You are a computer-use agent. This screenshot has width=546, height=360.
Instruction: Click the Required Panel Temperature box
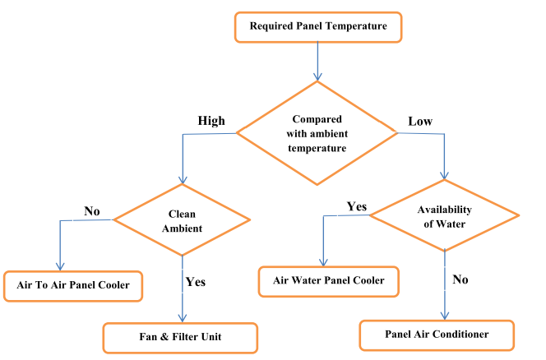317,26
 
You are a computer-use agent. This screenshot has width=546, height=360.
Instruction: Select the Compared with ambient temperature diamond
317,132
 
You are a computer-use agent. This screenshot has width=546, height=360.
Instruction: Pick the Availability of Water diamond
444,216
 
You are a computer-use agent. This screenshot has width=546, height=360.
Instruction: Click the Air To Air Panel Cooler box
73,285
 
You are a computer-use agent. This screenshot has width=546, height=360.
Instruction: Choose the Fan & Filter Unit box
180,337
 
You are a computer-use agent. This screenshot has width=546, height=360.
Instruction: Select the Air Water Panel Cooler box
328,281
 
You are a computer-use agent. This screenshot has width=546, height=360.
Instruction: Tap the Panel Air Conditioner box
437,335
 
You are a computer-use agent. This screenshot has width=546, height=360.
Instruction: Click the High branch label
211,120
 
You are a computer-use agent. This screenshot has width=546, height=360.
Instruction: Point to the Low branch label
420,122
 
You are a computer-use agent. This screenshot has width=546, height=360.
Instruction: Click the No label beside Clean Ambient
91,211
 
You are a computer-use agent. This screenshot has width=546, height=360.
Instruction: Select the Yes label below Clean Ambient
195,281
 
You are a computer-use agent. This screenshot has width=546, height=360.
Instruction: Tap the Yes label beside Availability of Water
357,206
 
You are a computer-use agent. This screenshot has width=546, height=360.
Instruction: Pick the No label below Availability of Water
460,279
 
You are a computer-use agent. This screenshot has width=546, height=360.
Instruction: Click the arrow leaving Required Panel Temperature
317,62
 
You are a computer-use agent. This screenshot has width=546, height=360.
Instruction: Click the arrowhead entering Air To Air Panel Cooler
60,266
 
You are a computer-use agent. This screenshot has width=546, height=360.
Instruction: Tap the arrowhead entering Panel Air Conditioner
445,316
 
